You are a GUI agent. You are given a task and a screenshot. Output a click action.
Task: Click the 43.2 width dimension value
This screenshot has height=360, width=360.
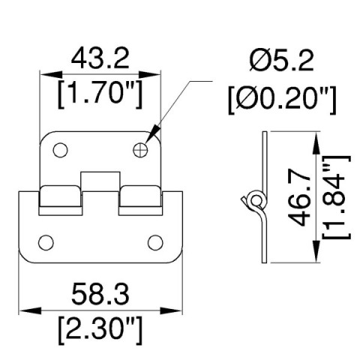[100, 58]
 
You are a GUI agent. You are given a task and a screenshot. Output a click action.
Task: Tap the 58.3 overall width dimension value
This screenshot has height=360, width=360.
[100, 291]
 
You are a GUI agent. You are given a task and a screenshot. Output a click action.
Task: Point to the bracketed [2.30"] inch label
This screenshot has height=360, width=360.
[100, 327]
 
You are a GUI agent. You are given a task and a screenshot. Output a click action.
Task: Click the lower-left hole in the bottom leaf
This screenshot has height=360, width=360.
[45, 241]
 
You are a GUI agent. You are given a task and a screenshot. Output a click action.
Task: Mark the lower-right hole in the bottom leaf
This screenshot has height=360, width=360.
[155, 241]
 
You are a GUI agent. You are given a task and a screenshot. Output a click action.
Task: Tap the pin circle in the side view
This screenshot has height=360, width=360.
[254, 200]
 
